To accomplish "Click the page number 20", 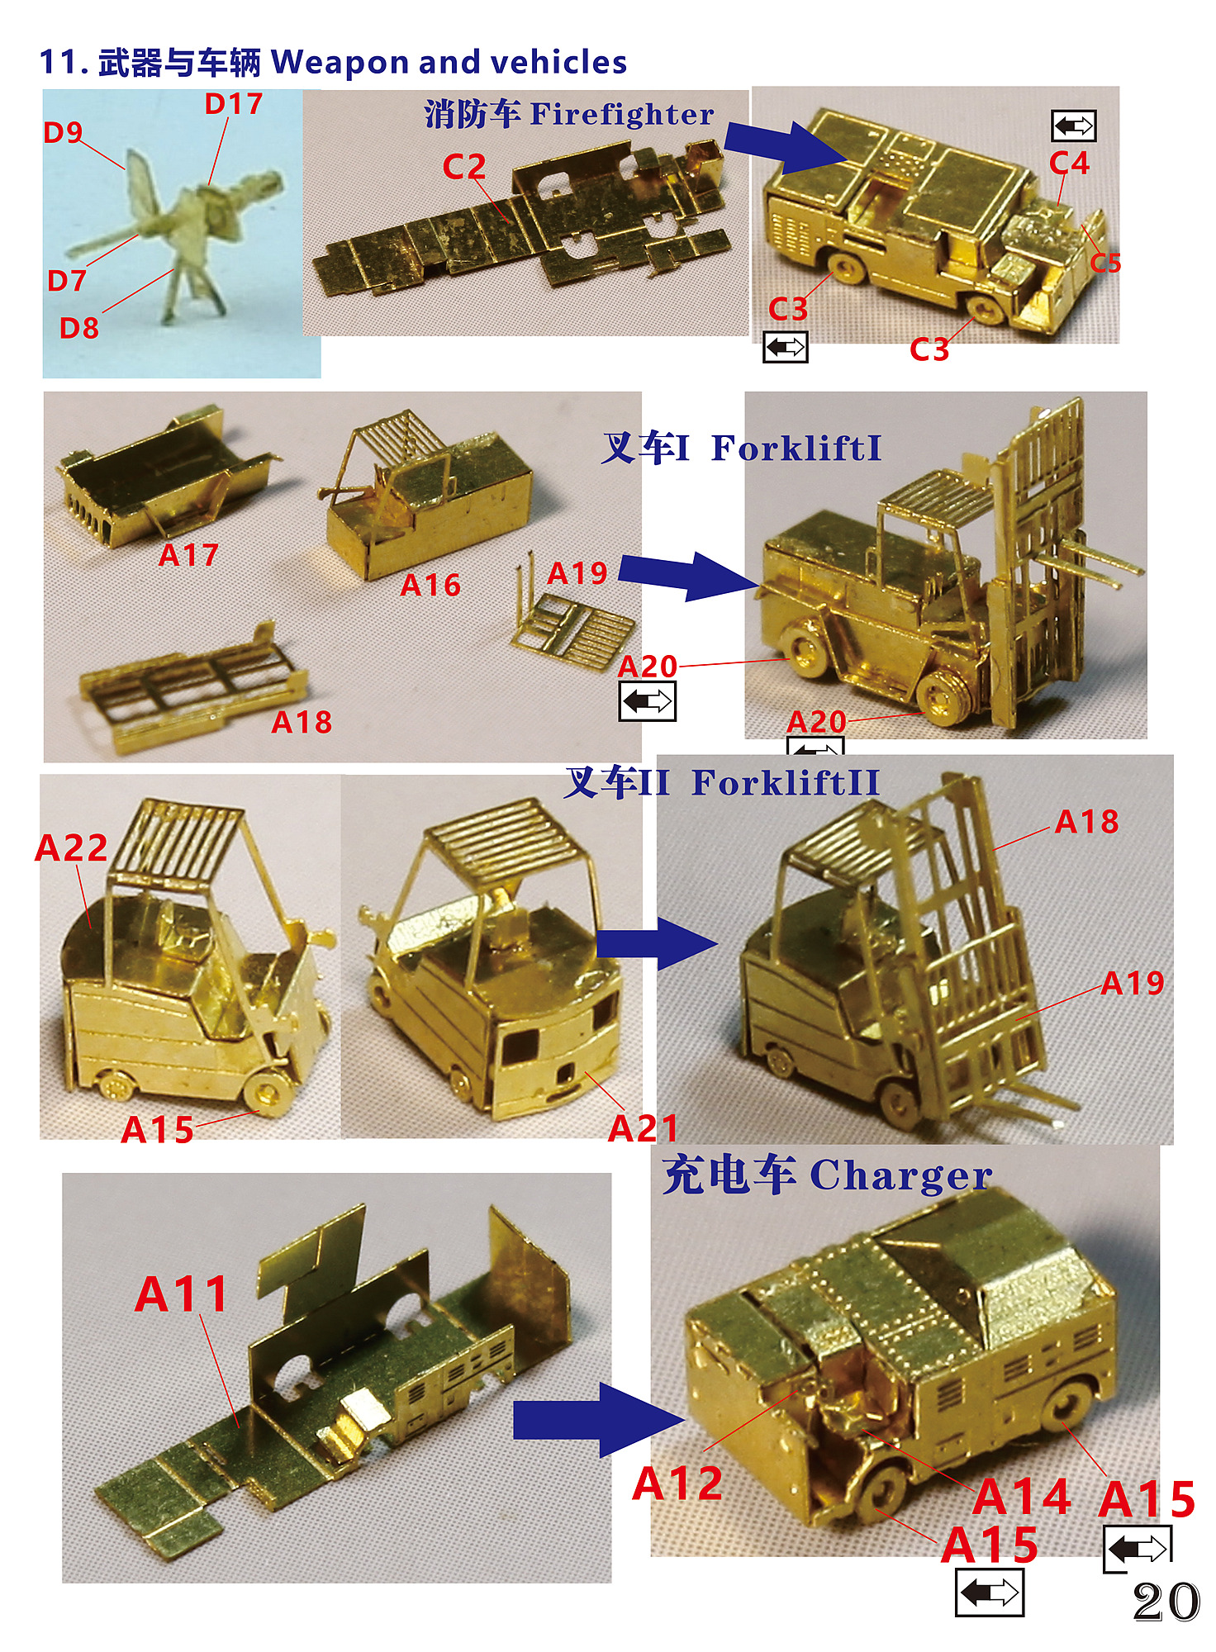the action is (1166, 1602).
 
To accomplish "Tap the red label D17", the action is (234, 104).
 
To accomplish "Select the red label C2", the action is (464, 167).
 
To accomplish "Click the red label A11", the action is (181, 1294).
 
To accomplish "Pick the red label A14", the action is (1022, 1496).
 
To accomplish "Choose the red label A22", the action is (71, 847).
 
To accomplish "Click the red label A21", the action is (643, 1128).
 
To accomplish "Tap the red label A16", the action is (430, 586).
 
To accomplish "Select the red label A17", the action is (188, 555).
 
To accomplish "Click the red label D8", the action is (79, 328).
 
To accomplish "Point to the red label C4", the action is (1070, 163).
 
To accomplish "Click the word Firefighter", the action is (622, 114).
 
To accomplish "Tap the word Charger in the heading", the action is (900, 1175).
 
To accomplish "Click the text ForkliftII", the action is (786, 782).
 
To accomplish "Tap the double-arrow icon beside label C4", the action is (1073, 126).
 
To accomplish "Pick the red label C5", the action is (1105, 263).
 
